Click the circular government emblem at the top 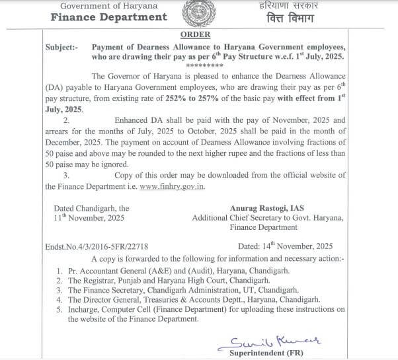tap(200, 13)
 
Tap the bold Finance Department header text tap(109, 17)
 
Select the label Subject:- tap(65, 48)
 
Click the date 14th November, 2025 tap(294, 245)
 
